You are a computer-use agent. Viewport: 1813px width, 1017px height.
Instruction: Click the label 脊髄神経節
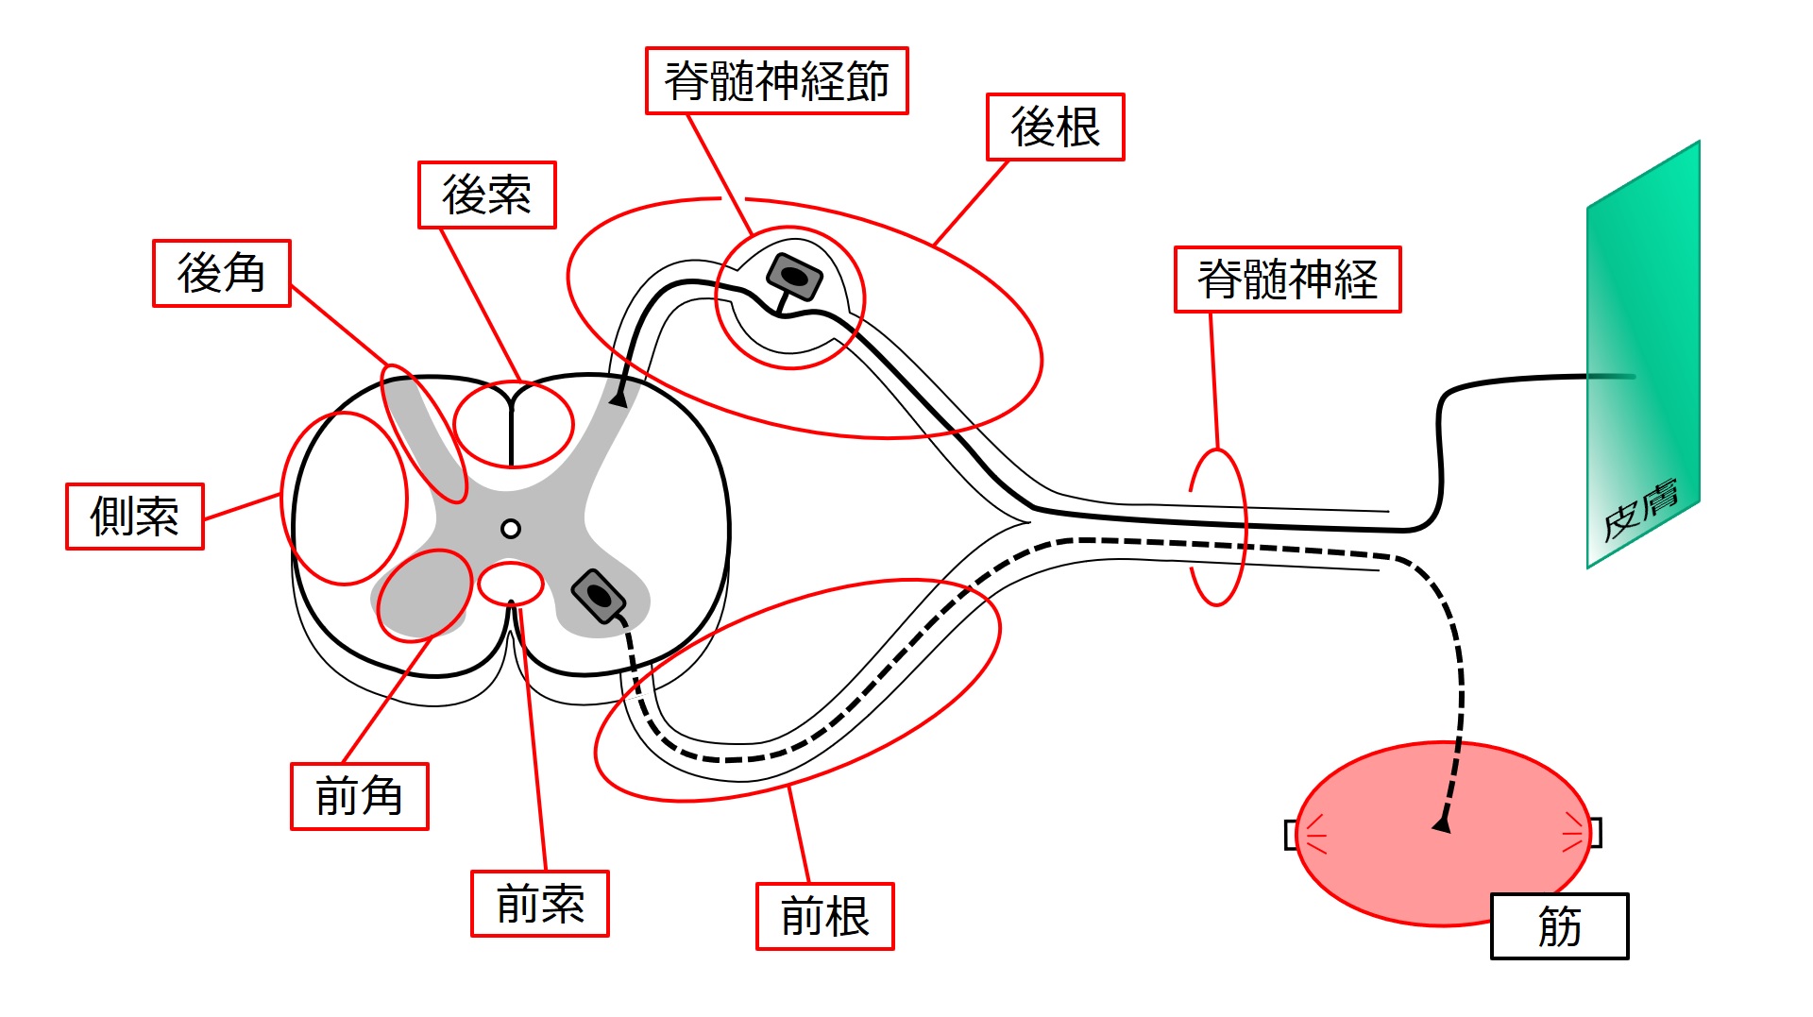click(x=776, y=81)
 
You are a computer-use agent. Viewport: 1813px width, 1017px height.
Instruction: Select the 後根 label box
click(x=1055, y=127)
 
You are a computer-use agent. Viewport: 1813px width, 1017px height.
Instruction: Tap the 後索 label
click(x=486, y=195)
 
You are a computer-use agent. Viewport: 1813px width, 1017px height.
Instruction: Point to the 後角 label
click(x=221, y=274)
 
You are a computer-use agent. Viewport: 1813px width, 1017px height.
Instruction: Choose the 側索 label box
click(x=134, y=517)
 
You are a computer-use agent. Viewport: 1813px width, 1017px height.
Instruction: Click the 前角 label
click(x=359, y=797)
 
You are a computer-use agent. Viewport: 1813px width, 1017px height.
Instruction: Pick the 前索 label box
click(x=539, y=904)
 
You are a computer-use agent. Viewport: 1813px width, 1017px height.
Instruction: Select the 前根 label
click(x=824, y=917)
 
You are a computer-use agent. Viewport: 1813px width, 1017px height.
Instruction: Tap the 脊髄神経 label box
click(x=1287, y=280)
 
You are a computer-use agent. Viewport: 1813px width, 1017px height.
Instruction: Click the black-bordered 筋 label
click(x=1559, y=926)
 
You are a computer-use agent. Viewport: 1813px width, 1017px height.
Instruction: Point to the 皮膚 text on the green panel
click(x=1640, y=510)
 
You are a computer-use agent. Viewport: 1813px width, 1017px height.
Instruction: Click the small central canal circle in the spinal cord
click(x=511, y=529)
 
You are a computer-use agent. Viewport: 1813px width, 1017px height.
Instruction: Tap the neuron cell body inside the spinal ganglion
click(x=794, y=277)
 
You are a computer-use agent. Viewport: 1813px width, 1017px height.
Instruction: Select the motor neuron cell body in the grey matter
click(x=599, y=596)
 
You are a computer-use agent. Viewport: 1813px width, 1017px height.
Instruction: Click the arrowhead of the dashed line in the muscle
click(x=1442, y=824)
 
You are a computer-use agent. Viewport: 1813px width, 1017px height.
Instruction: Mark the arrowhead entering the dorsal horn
click(x=618, y=399)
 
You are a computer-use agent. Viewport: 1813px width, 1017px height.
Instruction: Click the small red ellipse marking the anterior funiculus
click(x=510, y=583)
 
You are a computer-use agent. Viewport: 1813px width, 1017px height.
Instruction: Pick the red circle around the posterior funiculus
click(x=513, y=425)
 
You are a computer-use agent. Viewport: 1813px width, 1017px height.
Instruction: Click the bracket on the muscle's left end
click(x=1291, y=835)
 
